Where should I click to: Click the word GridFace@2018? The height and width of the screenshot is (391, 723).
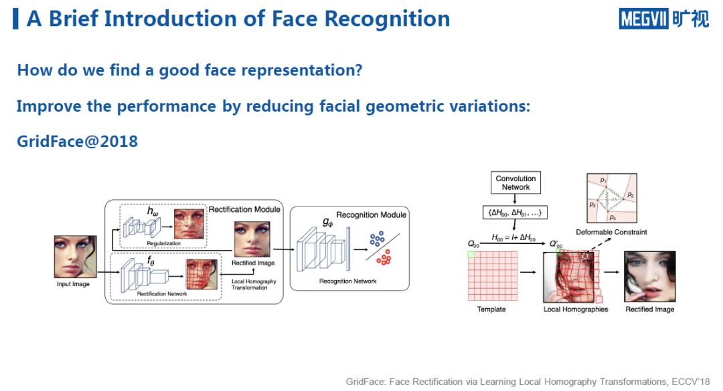point(77,142)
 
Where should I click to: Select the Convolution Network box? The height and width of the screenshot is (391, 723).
point(515,182)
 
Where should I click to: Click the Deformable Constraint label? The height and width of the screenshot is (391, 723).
point(611,232)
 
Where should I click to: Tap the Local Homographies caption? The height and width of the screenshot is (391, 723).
point(576,309)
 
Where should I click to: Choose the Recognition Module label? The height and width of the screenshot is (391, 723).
point(371,215)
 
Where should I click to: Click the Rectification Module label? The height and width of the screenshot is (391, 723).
point(244,209)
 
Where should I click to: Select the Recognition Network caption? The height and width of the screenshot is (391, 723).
point(347,281)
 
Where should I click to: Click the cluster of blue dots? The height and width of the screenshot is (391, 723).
point(376,239)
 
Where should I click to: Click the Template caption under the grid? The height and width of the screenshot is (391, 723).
point(491,309)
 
